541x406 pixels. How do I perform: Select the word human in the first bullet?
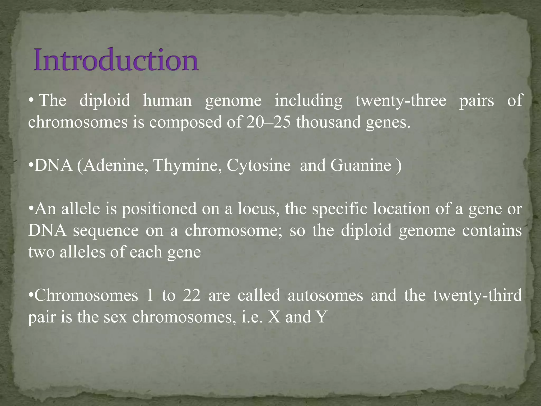pyautogui.click(x=167, y=101)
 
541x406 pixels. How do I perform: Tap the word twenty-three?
pyautogui.click(x=401, y=101)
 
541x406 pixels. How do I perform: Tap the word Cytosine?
pyautogui.click(x=259, y=165)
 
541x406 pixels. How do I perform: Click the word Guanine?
pyautogui.click(x=361, y=165)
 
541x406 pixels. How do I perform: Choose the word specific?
pyautogui.click(x=339, y=209)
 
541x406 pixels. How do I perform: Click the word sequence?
pyautogui.click(x=106, y=230)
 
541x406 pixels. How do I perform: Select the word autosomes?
pyautogui.click(x=325, y=295)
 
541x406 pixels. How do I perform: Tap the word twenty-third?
pyautogui.click(x=478, y=295)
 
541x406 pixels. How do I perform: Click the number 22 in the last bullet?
pyautogui.click(x=192, y=295)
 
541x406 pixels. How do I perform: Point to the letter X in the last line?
pyautogui.click(x=274, y=317)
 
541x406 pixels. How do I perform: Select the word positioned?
pyautogui.click(x=159, y=209)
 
